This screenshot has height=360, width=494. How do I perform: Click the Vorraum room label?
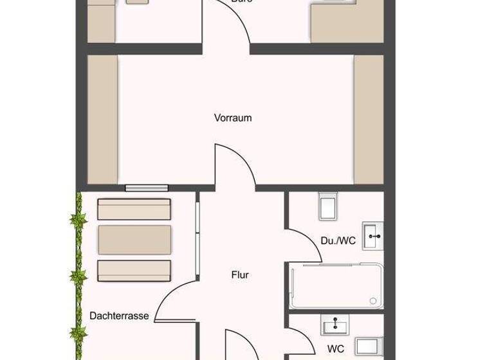pyautogui.click(x=233, y=118)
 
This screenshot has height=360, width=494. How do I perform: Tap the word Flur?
pyautogui.click(x=240, y=275)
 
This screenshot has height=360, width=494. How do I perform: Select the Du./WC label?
pyautogui.click(x=338, y=240)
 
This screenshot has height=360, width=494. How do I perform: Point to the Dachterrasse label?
pyautogui.click(x=120, y=316)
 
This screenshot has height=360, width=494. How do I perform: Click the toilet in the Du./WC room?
pyautogui.click(x=328, y=208)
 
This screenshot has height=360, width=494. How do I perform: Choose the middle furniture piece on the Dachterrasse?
pyautogui.click(x=134, y=239)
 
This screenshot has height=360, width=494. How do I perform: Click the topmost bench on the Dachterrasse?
pyautogui.click(x=134, y=209)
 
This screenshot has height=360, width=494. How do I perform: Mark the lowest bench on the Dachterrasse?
pyautogui.click(x=134, y=270)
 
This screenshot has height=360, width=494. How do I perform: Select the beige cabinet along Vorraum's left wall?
pyautogui.click(x=102, y=119)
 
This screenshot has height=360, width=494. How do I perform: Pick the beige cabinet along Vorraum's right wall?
pyautogui.click(x=369, y=119)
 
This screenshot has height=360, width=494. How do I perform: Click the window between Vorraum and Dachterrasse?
pyautogui.click(x=147, y=188)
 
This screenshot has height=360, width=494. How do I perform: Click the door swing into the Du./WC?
pyautogui.click(x=304, y=244)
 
